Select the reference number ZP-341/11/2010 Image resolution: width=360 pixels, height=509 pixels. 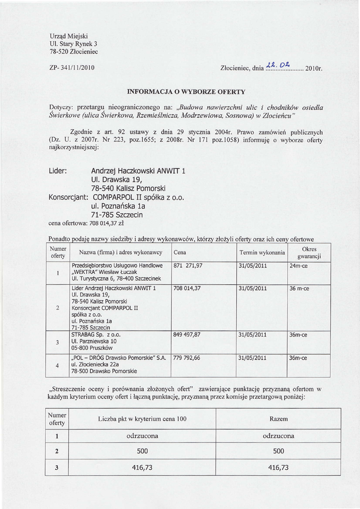[73, 67]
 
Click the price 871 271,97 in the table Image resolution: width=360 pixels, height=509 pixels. [188, 265]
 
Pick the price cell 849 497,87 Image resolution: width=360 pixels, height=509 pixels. [187, 335]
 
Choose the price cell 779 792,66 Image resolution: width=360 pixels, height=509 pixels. [187, 357]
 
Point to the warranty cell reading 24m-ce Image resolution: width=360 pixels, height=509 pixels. [299, 265]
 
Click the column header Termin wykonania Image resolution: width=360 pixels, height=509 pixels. [262, 253]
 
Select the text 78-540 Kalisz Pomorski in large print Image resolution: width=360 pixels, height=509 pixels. [128, 188]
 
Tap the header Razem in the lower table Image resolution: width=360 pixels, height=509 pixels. [278, 419]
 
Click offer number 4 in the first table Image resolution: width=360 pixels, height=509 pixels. [58, 366]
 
